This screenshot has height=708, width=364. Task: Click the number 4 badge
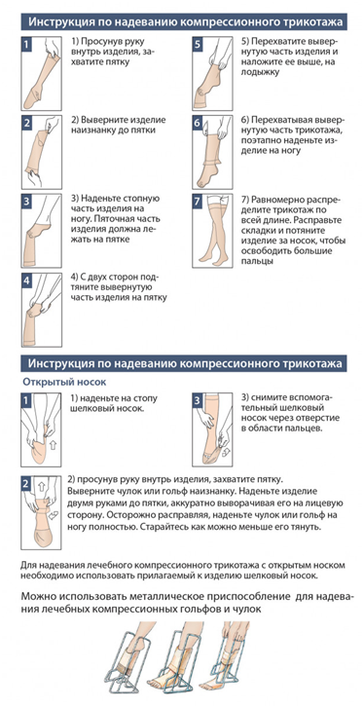pos(26,280)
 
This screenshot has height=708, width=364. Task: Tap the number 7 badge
pos(198,202)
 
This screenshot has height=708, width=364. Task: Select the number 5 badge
pos(198,45)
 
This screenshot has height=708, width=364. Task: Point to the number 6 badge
pos(198,123)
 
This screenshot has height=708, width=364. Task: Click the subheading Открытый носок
pos(64,382)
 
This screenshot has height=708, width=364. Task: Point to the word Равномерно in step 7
pos(278,200)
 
